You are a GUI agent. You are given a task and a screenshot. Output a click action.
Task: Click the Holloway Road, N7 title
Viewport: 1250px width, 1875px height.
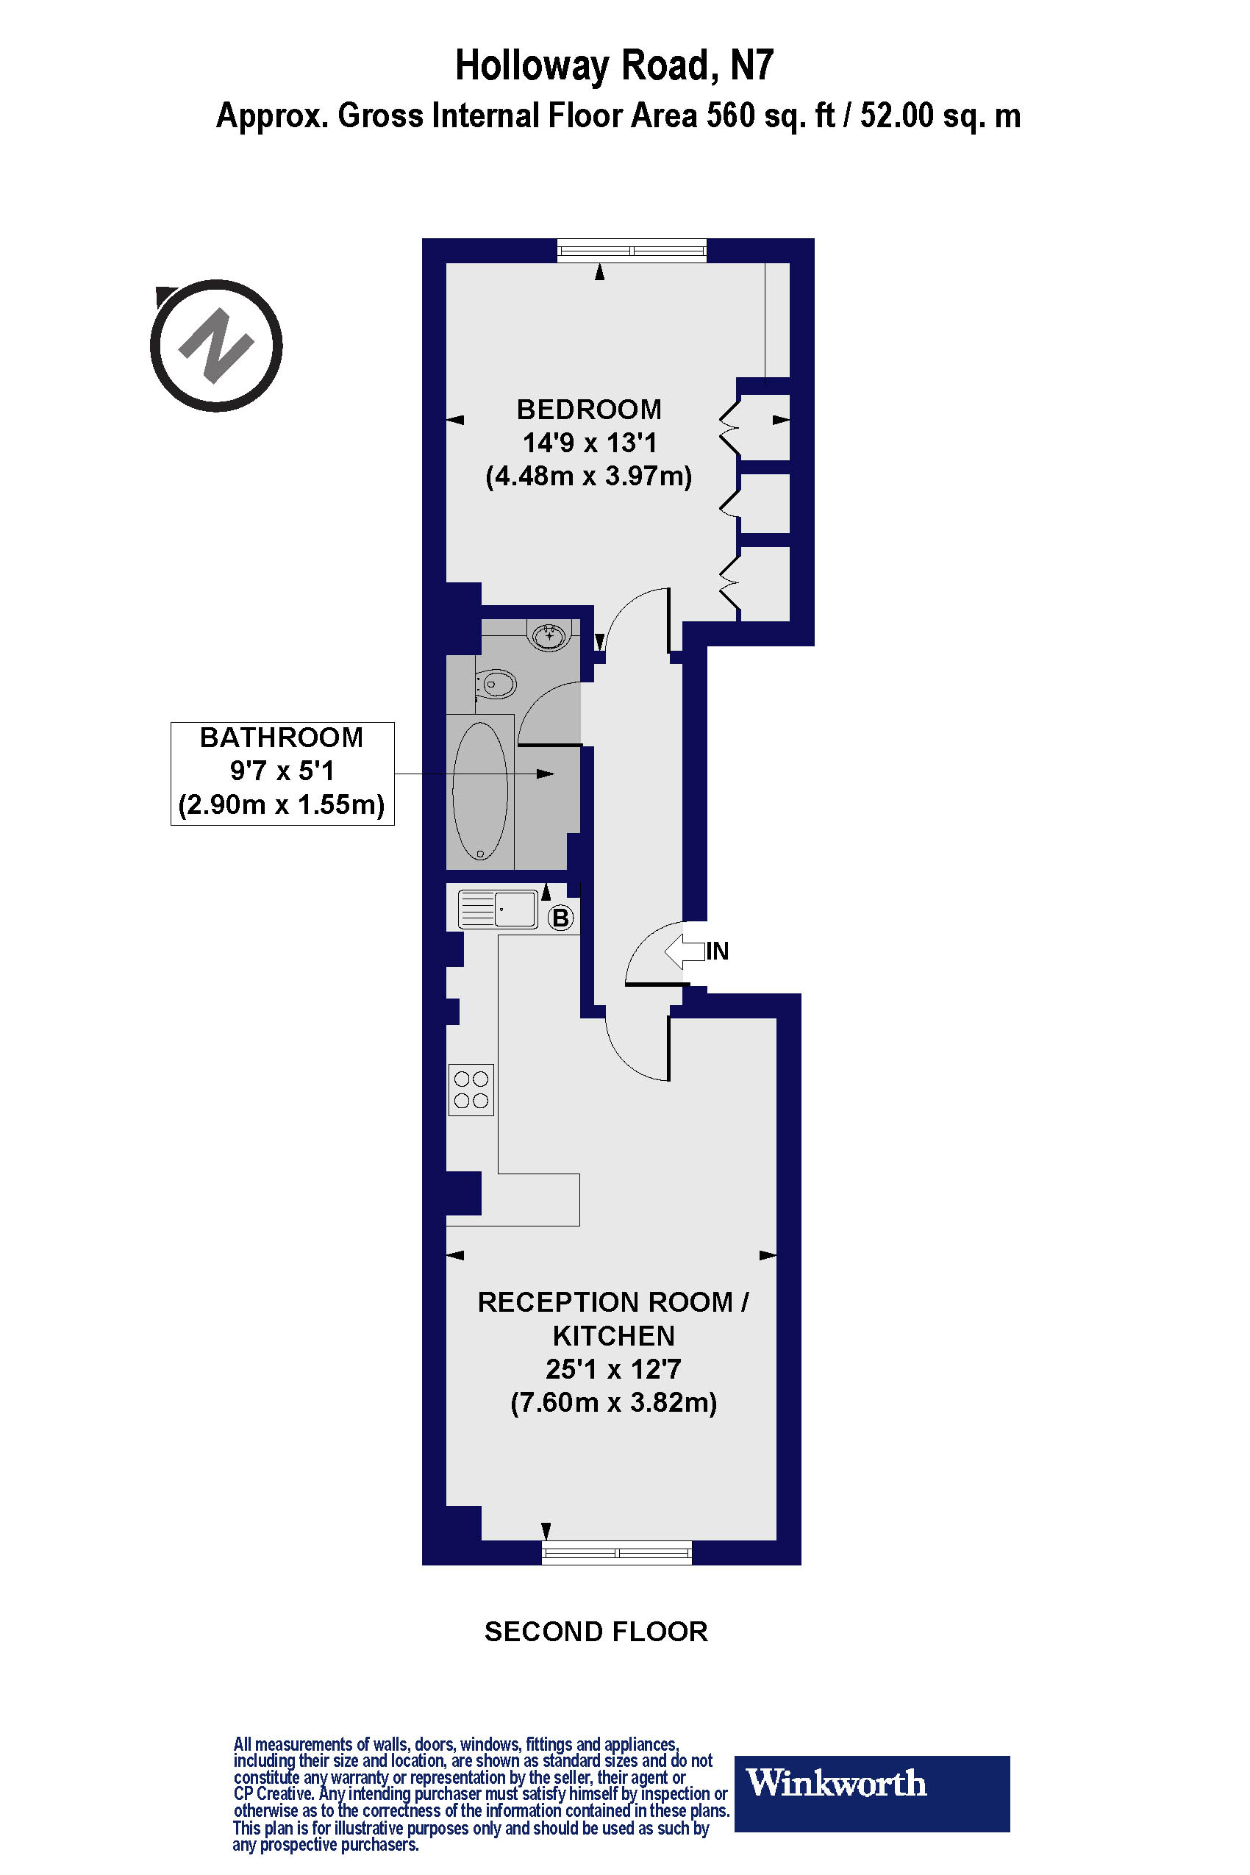(614, 65)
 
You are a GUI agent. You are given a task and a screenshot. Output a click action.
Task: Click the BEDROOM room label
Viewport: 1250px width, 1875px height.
(589, 409)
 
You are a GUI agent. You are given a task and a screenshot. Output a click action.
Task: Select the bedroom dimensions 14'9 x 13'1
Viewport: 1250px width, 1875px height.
(589, 443)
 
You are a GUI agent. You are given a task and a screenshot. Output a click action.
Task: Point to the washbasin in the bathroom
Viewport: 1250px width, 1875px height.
(549, 636)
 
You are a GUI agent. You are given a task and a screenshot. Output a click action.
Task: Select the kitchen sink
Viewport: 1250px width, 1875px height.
(499, 909)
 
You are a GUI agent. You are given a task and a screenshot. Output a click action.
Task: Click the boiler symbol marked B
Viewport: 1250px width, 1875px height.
(561, 918)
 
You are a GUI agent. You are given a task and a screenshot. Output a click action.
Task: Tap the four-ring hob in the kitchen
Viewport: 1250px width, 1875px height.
(471, 1090)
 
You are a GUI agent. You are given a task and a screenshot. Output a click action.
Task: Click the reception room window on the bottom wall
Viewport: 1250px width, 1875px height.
(616, 1552)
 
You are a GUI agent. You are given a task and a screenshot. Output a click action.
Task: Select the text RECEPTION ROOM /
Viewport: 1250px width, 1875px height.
(613, 1301)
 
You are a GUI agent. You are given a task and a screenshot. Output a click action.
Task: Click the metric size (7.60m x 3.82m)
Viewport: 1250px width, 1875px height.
(613, 1401)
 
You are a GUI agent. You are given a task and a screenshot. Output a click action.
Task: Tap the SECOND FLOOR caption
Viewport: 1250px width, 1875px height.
(596, 1631)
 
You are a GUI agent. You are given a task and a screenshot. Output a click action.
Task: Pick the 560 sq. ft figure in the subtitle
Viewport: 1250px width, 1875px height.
(771, 116)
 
